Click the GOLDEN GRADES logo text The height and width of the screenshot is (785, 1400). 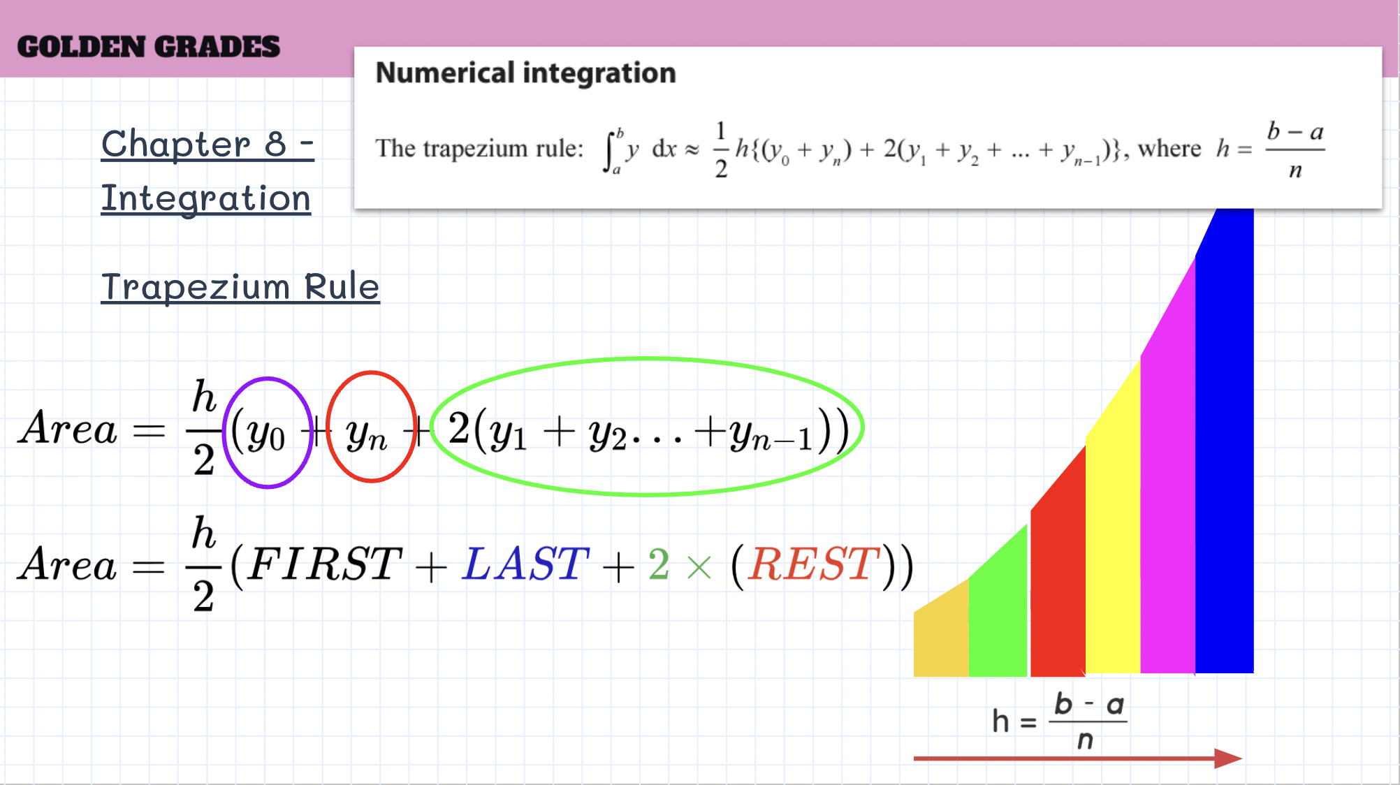(x=148, y=47)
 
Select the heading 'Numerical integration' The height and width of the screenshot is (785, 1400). (x=525, y=73)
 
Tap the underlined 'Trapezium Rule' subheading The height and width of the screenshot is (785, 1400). (x=240, y=286)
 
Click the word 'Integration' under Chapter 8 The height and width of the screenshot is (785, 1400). (x=206, y=198)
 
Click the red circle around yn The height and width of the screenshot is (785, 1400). (x=328, y=426)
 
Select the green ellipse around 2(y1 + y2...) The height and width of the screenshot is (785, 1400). (x=646, y=359)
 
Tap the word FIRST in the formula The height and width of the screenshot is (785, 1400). (x=325, y=564)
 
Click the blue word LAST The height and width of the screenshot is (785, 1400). (x=526, y=564)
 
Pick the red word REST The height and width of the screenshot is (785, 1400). (x=813, y=564)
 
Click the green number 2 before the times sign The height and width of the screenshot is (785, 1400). (x=659, y=564)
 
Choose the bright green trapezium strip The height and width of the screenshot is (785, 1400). (x=998, y=615)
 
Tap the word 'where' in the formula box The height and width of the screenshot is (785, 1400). (x=1169, y=149)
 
